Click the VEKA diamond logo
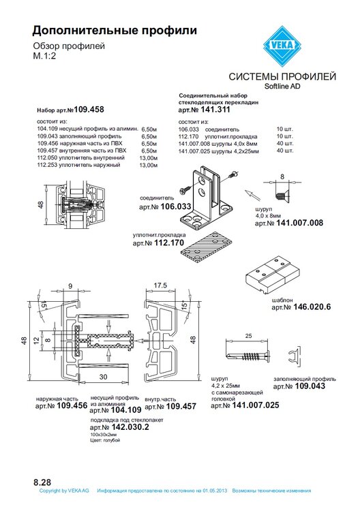pos(282,46)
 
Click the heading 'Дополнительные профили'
pos(115,30)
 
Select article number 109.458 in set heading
pos(89,110)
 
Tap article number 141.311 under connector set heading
pos(215,110)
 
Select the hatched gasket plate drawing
pos(207,247)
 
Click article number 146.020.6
pos(312,307)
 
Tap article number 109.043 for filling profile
pos(310,386)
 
